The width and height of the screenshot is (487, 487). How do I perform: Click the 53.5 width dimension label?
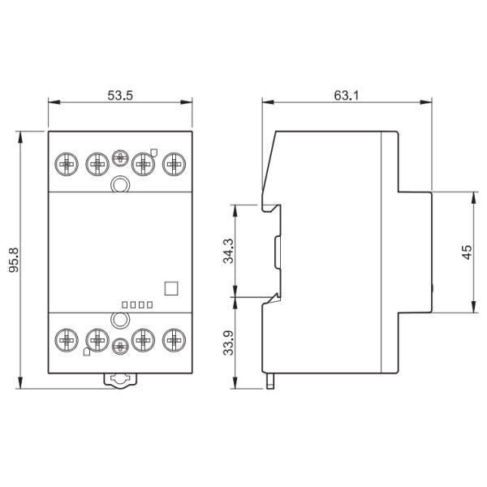(120, 93)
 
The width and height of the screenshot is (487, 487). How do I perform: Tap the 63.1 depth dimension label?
(347, 93)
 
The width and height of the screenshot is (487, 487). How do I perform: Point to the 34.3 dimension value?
(228, 251)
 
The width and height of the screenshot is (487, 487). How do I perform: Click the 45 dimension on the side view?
(466, 252)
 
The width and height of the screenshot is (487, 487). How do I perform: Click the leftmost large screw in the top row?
(67, 165)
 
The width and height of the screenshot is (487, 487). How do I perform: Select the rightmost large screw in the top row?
(173, 165)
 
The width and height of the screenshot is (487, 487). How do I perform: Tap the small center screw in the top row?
(120, 159)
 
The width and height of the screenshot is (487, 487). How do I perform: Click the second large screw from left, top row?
(97, 165)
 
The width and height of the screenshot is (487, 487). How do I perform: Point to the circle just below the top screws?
(120, 186)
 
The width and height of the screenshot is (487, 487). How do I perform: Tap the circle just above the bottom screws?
(120, 320)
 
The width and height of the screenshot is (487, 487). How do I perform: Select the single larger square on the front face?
(170, 287)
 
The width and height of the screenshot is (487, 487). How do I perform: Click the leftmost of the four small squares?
(124, 305)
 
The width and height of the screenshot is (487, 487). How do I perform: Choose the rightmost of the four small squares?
(150, 305)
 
